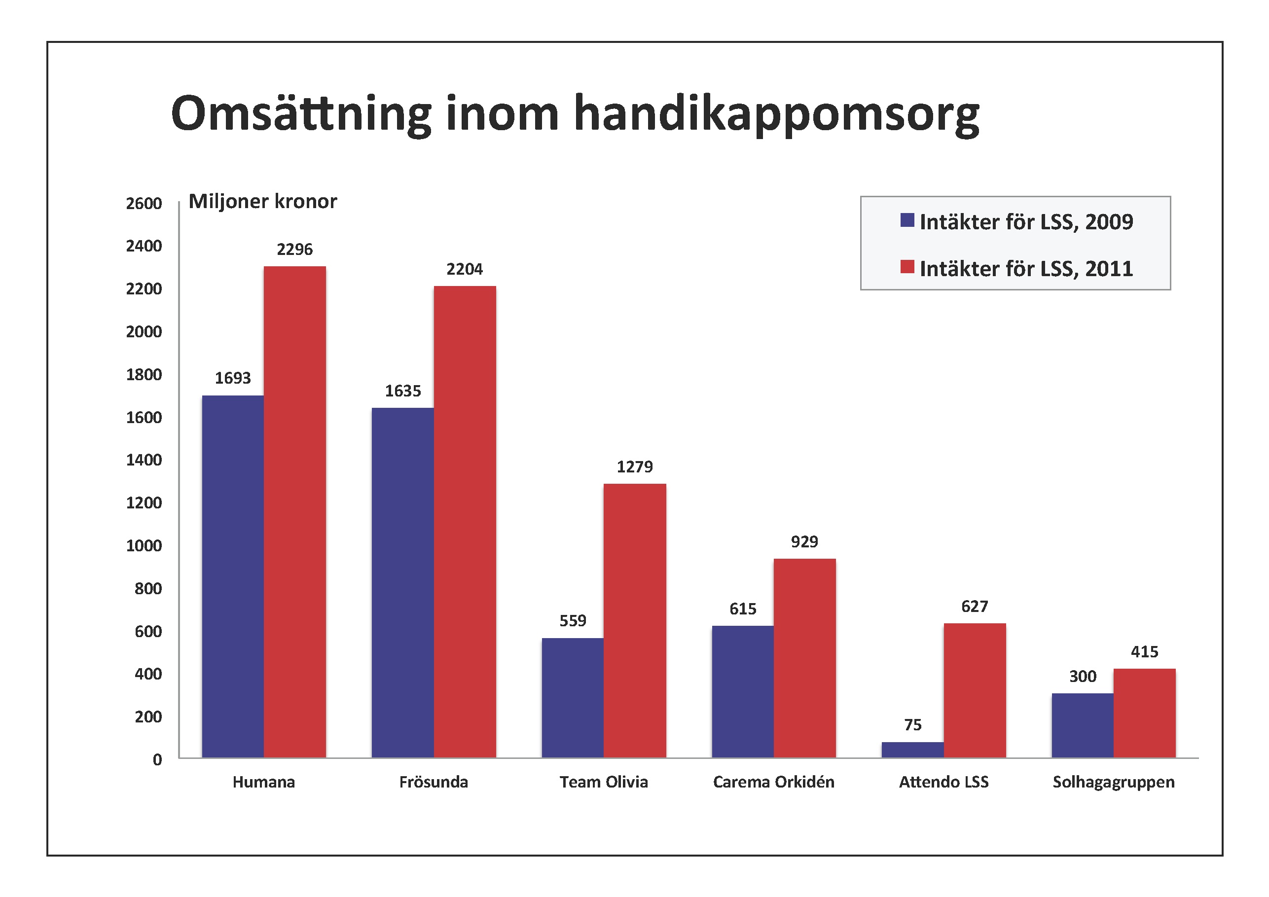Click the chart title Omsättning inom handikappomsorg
click(x=575, y=114)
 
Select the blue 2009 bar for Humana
click(x=233, y=576)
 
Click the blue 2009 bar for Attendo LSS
click(x=912, y=750)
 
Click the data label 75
click(x=912, y=724)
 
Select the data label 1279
click(x=634, y=467)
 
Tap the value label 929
click(x=804, y=541)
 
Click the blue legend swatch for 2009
click(x=907, y=220)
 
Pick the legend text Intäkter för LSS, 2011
click(x=1026, y=269)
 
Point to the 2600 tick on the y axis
click(x=144, y=203)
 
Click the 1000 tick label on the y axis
click(x=144, y=546)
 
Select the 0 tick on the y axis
click(x=157, y=760)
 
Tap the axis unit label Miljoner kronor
click(x=262, y=201)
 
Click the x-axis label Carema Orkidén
click(x=773, y=782)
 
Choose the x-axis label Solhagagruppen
click(x=1113, y=782)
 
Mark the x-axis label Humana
click(x=264, y=782)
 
